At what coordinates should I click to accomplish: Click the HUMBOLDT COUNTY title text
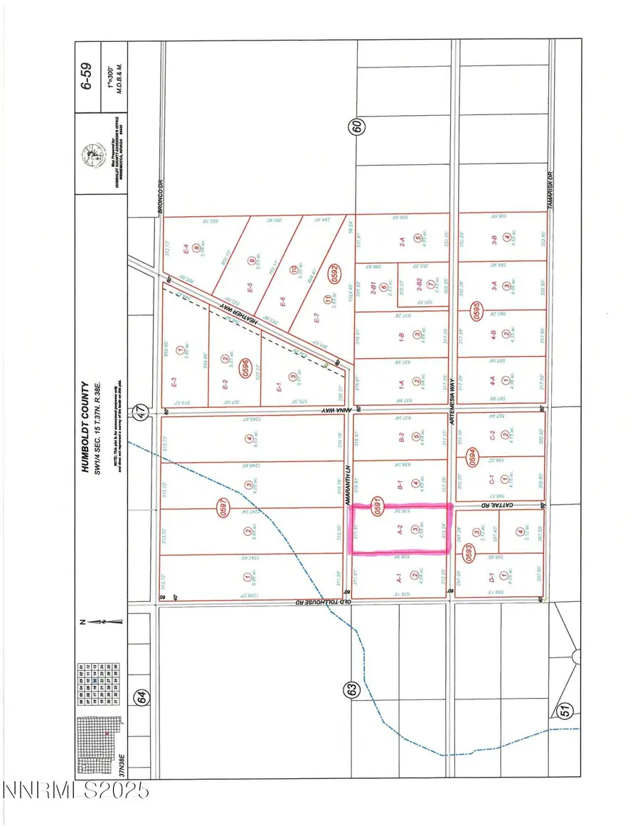[x=85, y=426]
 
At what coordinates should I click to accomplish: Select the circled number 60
[x=357, y=127]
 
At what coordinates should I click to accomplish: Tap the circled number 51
[x=566, y=711]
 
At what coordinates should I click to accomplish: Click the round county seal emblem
[x=92, y=154]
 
